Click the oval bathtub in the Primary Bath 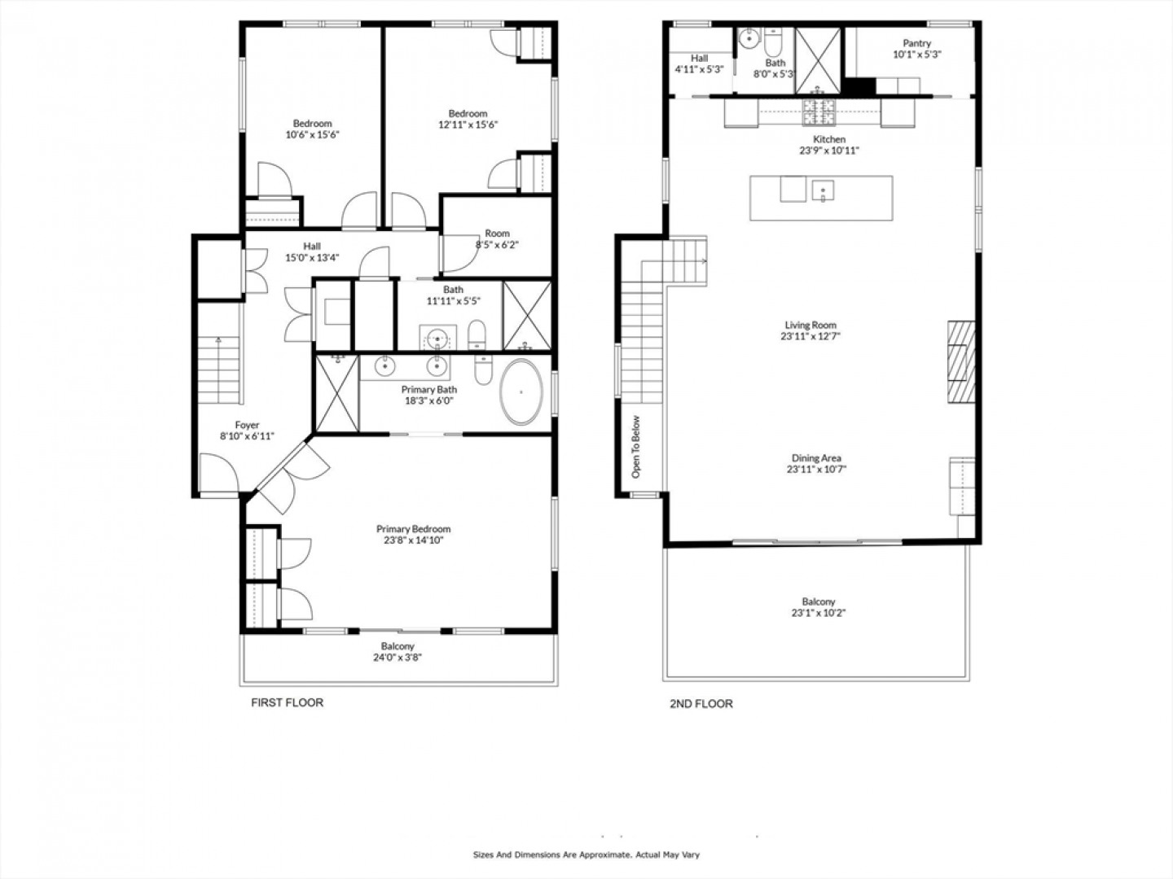521,391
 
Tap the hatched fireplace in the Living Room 961,362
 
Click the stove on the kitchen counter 819,112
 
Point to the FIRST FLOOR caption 287,703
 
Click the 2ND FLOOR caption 701,704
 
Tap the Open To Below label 635,447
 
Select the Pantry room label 917,42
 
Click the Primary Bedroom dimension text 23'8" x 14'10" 413,540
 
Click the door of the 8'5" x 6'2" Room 461,253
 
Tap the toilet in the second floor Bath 773,42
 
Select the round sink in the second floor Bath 749,37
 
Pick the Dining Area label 816,458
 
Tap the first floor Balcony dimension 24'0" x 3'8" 398,658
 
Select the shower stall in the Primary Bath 336,393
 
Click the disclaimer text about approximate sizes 586,855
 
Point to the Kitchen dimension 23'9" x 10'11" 829,151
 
